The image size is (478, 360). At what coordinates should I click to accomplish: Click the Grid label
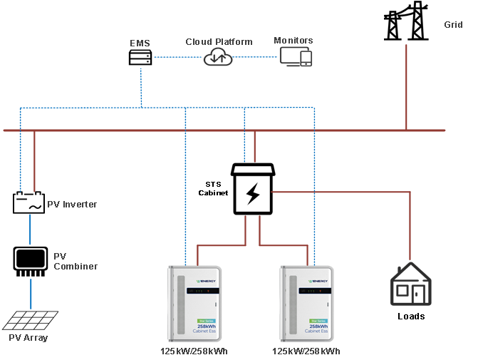[453, 25]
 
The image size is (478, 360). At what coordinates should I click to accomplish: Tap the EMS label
[140, 43]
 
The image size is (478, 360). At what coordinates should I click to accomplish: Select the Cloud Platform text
[219, 42]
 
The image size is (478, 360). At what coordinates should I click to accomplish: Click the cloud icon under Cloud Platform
[218, 58]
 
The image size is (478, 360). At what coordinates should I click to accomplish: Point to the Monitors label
[293, 41]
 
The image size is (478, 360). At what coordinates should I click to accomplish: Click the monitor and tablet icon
[295, 57]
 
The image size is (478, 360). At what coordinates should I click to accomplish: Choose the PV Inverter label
[72, 205]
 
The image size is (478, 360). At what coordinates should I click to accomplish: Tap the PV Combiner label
[76, 261]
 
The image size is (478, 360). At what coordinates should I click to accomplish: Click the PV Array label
[28, 337]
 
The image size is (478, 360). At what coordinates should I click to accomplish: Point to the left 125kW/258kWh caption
[194, 351]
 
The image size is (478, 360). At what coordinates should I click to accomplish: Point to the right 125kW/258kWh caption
[306, 351]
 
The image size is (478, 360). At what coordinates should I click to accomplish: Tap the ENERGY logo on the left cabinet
[204, 281]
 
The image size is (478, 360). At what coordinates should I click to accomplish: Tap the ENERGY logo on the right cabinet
[316, 281]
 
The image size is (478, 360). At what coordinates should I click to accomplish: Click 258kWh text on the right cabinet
[316, 326]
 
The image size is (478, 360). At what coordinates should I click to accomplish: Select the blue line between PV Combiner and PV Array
[31, 294]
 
